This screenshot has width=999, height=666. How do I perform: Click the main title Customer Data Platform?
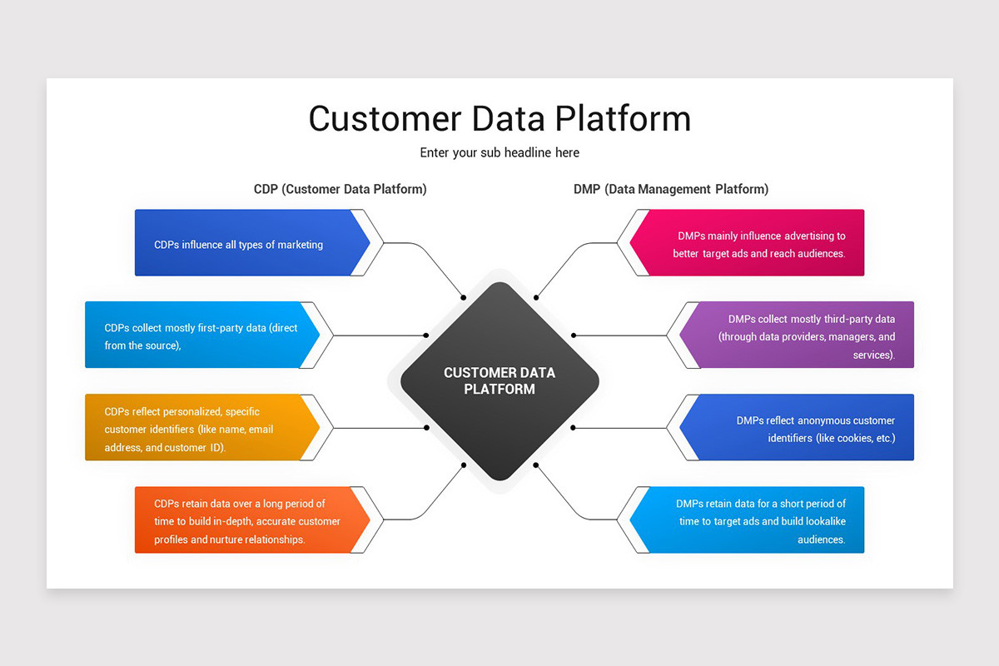pos(499,118)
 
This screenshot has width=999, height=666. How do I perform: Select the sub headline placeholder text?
pos(499,153)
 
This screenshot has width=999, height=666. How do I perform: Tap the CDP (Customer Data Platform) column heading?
pos(340,189)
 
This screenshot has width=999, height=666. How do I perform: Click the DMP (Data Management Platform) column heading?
pos(671,189)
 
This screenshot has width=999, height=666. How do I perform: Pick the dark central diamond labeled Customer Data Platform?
pos(499,381)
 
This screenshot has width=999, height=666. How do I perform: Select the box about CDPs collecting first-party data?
pos(196,335)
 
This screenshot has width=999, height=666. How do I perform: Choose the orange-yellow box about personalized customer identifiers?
pos(196,428)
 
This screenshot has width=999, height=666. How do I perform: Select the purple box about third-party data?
pos(799,335)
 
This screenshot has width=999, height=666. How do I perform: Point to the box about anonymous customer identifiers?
pos(799,428)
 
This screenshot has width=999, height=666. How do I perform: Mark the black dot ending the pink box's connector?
pos(536,297)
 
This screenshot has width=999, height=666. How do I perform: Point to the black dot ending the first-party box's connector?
pos(426,335)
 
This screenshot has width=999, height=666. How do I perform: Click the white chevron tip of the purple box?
pos(673,335)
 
